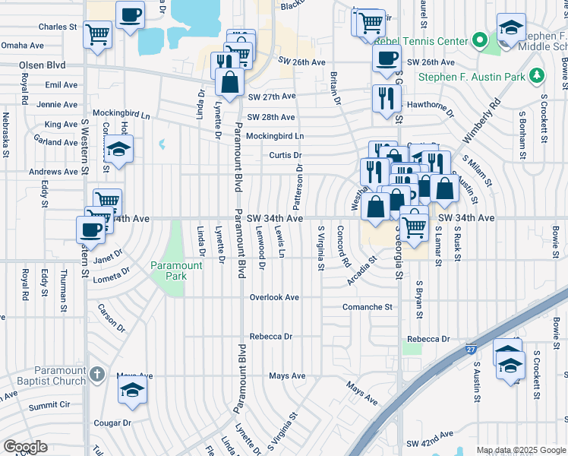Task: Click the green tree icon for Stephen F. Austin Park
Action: [538, 75]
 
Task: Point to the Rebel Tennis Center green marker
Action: [479, 38]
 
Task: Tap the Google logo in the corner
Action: [25, 447]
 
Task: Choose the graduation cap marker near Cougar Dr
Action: [132, 391]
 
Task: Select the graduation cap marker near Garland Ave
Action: [119, 150]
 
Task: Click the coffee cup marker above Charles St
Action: [131, 14]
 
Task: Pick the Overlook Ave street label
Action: [274, 297]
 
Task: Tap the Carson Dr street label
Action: [111, 318]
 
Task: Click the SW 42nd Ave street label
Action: [430, 442]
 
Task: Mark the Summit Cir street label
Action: [49, 407]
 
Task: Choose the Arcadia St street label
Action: [362, 270]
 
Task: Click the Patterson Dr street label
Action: [298, 187]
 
